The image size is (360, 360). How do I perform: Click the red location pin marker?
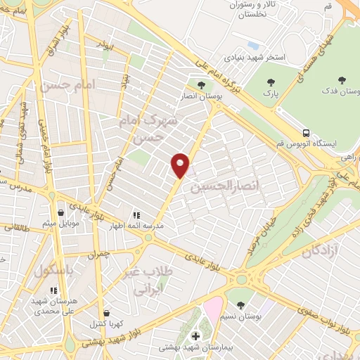point(181,165)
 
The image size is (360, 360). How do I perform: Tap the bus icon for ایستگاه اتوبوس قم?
point(306,131)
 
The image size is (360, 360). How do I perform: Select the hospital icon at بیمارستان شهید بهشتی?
point(195,336)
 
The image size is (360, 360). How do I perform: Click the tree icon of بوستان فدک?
point(342,81)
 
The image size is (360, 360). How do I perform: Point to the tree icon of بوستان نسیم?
point(241,305)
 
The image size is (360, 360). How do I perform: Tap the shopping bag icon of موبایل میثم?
point(61,212)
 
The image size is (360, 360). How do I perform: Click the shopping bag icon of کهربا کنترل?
point(106,313)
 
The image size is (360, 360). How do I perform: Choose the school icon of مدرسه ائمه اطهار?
point(136,215)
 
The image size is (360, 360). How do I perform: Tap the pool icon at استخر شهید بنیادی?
point(251,44)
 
